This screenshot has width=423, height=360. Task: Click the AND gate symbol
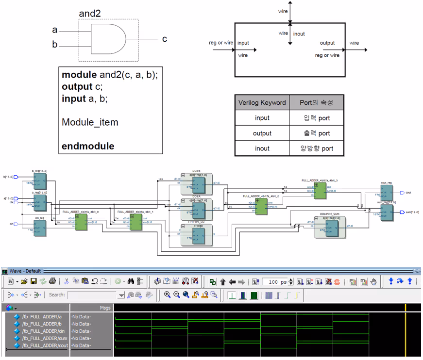pos(107,39)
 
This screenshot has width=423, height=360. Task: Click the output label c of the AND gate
pos(165,39)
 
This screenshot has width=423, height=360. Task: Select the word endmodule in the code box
pos(88,146)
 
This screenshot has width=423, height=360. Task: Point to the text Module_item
pos(90,122)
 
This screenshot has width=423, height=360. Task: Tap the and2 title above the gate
pos(90,14)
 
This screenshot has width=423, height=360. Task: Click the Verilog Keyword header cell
pos(262,102)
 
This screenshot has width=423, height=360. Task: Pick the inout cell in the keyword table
pos(262,148)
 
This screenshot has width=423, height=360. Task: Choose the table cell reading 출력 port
pos(316,133)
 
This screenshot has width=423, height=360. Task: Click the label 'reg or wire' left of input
pos(221,43)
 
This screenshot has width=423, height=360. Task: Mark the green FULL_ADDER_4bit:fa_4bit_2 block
pos(261,207)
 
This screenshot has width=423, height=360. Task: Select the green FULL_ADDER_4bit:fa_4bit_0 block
pos(81,222)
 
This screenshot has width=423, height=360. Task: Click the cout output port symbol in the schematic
pos(401,193)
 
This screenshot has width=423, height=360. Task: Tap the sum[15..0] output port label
pos(412,212)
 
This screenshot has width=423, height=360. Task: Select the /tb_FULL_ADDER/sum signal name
pos(43,338)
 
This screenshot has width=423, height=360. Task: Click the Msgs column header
pos(105,308)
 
